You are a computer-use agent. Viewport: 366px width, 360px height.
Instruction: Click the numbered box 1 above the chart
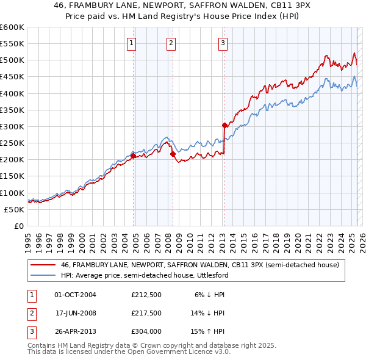click(x=132, y=43)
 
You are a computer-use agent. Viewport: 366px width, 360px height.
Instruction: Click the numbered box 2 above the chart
click(x=171, y=43)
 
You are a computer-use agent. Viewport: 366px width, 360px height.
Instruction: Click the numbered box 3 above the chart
click(x=223, y=43)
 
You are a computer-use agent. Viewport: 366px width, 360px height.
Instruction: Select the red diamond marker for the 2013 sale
click(x=224, y=125)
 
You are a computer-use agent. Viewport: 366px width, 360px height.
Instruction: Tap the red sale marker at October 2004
click(x=133, y=156)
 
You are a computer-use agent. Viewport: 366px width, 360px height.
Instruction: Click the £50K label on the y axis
click(x=14, y=209)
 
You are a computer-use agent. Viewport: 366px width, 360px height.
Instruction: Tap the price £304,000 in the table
click(x=146, y=332)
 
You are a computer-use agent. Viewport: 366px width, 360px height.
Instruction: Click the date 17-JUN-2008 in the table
click(x=76, y=313)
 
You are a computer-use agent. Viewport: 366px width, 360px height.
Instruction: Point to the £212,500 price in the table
click(x=146, y=294)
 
